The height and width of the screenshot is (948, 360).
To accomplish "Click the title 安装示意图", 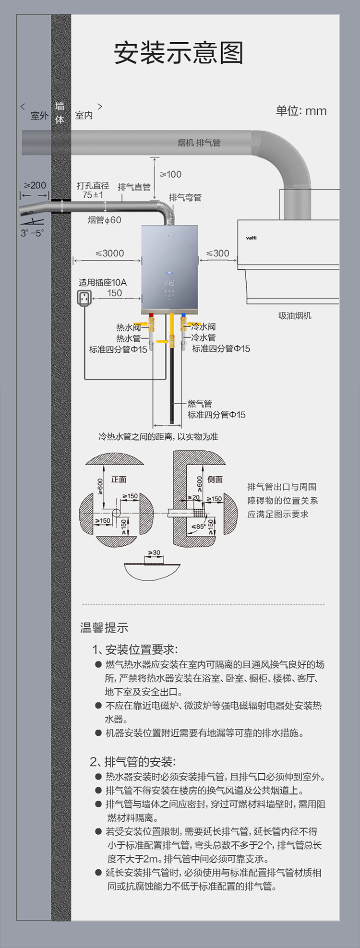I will pos(179,53).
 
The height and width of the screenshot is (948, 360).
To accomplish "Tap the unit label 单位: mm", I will pos(301,111).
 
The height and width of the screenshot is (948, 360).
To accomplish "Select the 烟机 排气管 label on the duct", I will pos(199,143).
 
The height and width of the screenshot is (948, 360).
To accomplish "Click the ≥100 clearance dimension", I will pos(171,174).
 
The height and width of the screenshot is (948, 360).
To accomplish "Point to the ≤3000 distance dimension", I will pos(109,253).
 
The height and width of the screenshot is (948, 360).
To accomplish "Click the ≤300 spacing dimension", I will pos(217,253).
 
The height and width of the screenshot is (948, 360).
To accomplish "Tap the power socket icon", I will pos(84,299).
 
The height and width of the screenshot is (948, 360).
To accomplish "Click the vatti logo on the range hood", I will pos(251,238).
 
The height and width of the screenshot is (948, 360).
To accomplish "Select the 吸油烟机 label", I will pos(295,315).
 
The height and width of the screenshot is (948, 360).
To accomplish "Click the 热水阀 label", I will pos(128,327).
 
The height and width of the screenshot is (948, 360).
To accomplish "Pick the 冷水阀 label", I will pos(204,326).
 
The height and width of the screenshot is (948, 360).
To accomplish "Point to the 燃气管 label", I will pos(200,403).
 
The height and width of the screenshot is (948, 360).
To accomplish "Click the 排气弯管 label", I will pos(185,197).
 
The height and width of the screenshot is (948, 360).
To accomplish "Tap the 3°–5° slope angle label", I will pos(32,233).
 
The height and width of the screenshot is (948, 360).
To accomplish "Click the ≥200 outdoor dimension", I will pos(35,185).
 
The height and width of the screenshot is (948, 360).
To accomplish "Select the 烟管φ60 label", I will pos(105,220).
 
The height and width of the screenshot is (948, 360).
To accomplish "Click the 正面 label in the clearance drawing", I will pos(119,479).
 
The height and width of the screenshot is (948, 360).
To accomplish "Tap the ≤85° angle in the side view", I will pos(198,527).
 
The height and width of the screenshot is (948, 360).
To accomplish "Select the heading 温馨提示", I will pos(104,627).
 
